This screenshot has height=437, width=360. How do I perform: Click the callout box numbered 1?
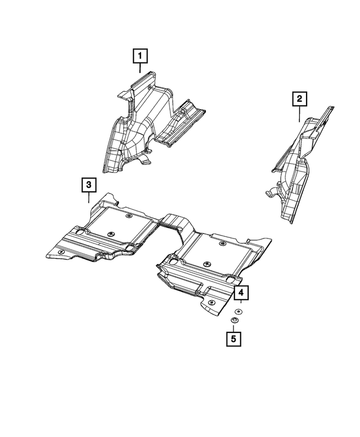point(140,56)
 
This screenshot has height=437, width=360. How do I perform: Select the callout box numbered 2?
point(299,100)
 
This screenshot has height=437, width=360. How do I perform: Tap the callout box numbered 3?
point(89,184)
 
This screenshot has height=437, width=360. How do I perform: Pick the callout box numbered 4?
point(240,293)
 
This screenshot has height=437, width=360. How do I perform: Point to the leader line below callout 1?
point(140,69)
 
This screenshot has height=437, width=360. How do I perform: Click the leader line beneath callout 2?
point(299,114)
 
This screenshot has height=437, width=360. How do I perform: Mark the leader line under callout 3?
point(89,197)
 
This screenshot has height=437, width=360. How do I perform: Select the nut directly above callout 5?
point(235,321)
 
